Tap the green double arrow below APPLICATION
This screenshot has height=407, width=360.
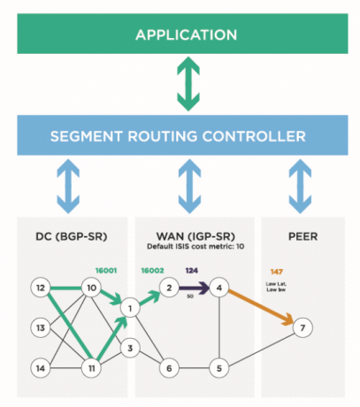[185, 85]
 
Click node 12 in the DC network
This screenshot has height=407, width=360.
[40, 288]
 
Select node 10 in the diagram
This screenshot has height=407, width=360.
[90, 288]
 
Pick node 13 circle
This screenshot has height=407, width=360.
[40, 327]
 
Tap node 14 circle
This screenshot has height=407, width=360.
[40, 366]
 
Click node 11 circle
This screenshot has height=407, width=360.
[90, 366]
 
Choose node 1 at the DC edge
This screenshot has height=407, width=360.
[129, 309]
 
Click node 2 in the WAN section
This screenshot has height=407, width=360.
[166, 288]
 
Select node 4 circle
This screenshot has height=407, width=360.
[222, 288]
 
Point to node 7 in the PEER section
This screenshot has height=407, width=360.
[303, 329]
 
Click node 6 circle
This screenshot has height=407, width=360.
[166, 366]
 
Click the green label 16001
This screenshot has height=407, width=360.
[105, 265]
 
